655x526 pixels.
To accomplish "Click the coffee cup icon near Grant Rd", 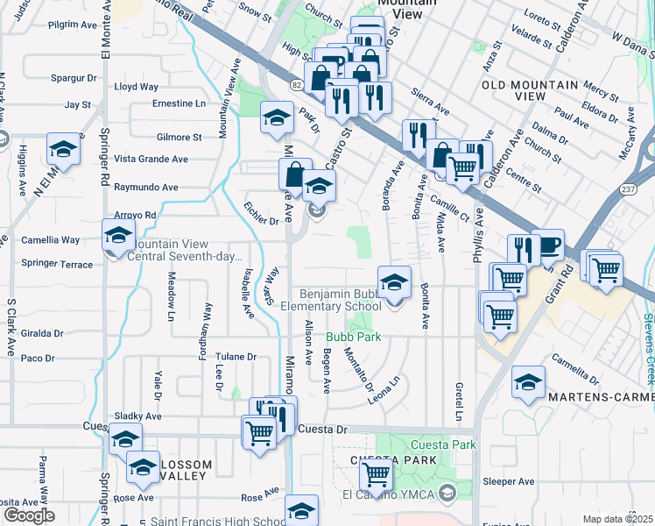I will click(x=548, y=246).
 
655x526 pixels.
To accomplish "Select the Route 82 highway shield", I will click(x=298, y=82).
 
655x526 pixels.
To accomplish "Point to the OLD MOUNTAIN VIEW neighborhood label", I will click(x=530, y=91).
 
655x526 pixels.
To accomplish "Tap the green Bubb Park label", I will click(x=355, y=336).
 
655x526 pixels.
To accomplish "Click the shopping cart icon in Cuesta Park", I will click(x=376, y=474).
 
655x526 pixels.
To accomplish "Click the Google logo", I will click(x=29, y=515).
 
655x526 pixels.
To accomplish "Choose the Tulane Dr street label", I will click(x=237, y=357).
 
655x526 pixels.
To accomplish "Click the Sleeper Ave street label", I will click(x=508, y=481).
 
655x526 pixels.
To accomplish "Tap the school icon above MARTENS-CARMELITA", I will click(x=529, y=382).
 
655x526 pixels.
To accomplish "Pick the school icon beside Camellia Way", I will click(x=118, y=236).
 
